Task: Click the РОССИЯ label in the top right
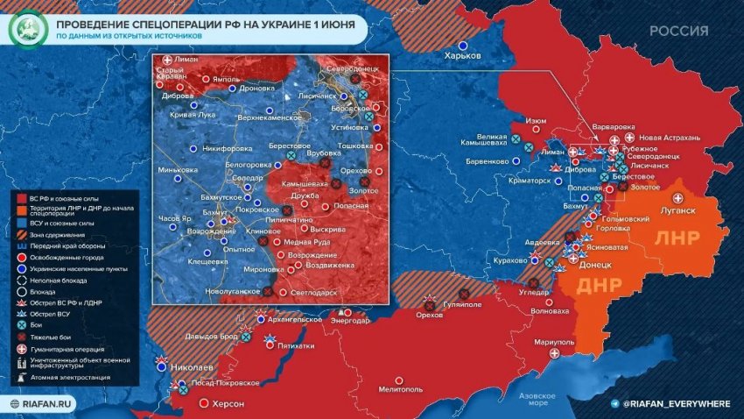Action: point(678,31)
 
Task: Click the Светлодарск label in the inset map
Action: point(313,291)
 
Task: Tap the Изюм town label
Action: point(536,121)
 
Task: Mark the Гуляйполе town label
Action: point(463,306)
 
